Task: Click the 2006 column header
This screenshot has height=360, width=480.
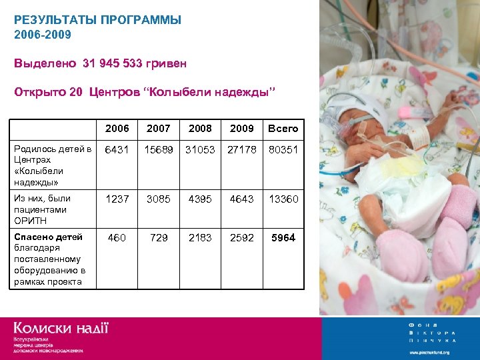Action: click(117, 129)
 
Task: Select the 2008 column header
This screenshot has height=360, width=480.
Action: click(200, 129)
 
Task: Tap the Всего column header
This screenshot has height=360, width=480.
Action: click(283, 129)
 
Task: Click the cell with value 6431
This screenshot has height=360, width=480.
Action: click(117, 150)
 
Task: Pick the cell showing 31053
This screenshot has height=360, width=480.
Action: click(200, 150)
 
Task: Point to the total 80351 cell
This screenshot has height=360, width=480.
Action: click(283, 150)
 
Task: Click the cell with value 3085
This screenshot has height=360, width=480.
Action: click(159, 199)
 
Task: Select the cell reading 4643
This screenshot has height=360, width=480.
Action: click(242, 199)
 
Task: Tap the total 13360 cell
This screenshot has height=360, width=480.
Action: click(283, 199)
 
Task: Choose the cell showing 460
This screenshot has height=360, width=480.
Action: click(117, 238)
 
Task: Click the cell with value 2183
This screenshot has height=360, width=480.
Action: click(200, 238)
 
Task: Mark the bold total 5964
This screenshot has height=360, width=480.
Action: click(283, 238)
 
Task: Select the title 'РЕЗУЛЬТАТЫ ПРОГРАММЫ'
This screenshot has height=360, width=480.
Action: click(97, 20)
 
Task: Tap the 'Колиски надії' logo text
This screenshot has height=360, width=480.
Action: click(61, 328)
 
